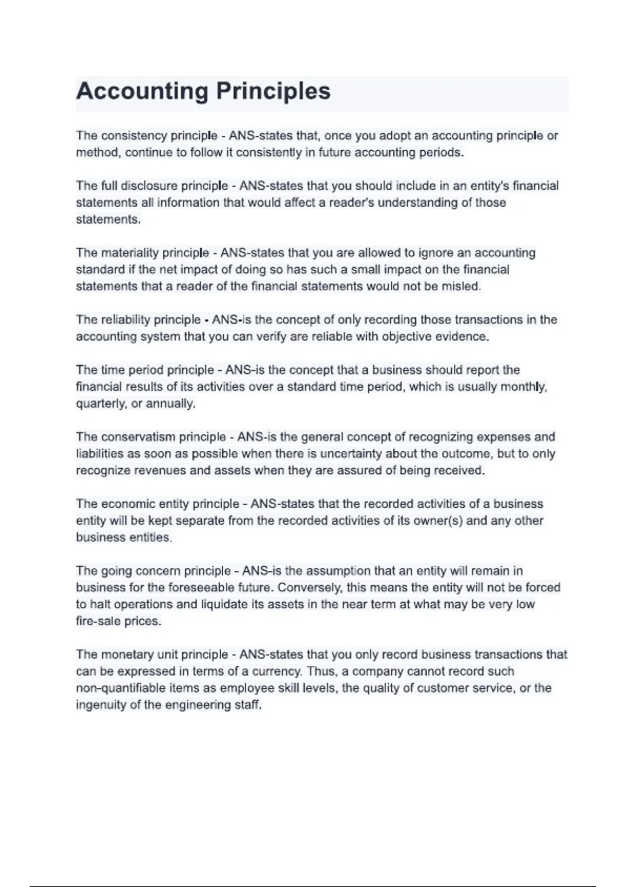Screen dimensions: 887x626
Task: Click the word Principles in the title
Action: pos(273,91)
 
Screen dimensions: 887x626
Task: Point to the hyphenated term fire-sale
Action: pos(98,621)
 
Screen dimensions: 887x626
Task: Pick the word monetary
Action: pos(128,655)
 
